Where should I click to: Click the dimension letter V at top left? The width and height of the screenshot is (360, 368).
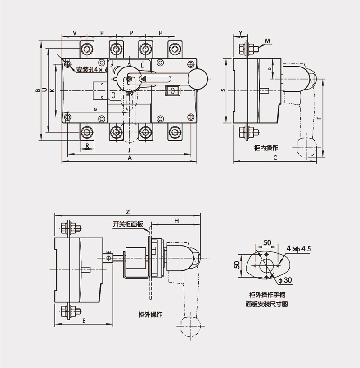pyautogui.click(x=74, y=33)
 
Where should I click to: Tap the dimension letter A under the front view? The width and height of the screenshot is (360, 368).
pyautogui.click(x=130, y=158)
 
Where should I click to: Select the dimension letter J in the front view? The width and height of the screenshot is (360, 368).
pyautogui.click(x=129, y=149)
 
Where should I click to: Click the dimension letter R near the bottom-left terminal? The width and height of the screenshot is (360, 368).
pyautogui.click(x=87, y=145)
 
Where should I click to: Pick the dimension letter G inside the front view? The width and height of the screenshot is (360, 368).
pyautogui.click(x=95, y=110)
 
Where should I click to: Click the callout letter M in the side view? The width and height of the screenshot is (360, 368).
pyautogui.click(x=268, y=41)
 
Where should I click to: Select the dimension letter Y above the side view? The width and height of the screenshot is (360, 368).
pyautogui.click(x=241, y=33)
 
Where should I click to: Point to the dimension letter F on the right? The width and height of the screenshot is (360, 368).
pyautogui.click(x=318, y=118)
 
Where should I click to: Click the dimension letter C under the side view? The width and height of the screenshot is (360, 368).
pyautogui.click(x=275, y=158)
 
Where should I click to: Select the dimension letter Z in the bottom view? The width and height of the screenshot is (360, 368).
pyautogui.click(x=128, y=211)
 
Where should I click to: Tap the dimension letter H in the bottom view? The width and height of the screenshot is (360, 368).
pyautogui.click(x=176, y=220)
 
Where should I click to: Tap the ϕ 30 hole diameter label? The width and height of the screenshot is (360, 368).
pyautogui.click(x=285, y=280)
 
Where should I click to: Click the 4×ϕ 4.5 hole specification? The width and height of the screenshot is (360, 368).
pyautogui.click(x=298, y=248)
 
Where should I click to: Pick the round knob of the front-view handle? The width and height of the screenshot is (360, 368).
pyautogui.click(x=198, y=79)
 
